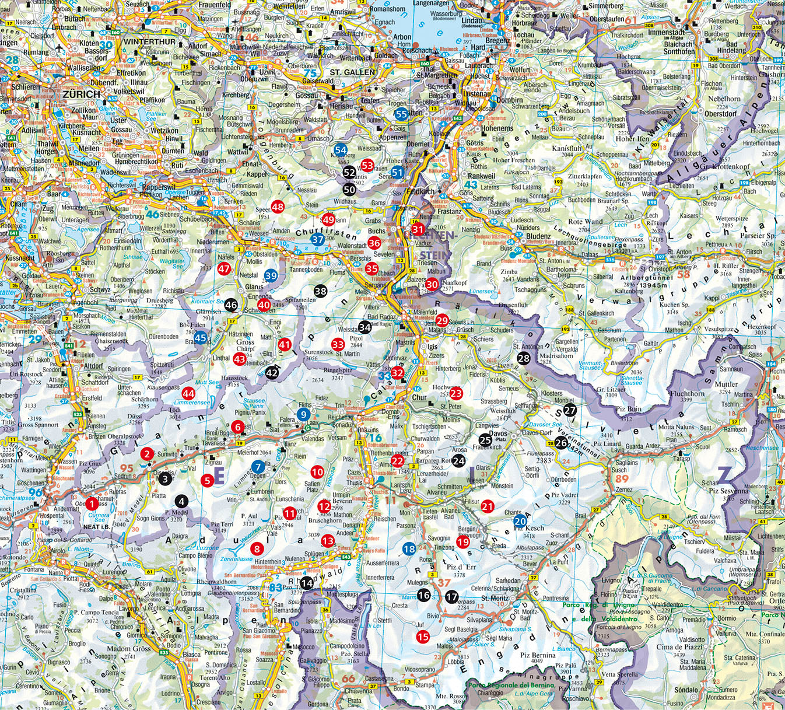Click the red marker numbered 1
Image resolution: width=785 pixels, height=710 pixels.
(x=92, y=503)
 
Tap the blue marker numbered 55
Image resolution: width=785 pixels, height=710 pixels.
(x=401, y=114)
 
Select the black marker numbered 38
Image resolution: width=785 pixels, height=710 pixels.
(x=320, y=291)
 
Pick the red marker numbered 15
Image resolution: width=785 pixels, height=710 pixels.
(x=423, y=637)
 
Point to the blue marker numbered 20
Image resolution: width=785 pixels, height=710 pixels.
(x=520, y=521)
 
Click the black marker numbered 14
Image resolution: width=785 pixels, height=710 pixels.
(x=306, y=582)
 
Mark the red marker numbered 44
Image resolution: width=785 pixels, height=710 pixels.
(x=188, y=394)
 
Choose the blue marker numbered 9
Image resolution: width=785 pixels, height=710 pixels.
(x=303, y=414)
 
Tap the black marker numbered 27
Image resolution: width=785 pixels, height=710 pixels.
(x=570, y=411)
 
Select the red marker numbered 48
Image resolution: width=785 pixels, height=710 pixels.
(x=278, y=207)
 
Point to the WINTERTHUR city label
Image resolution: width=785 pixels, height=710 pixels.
(x=149, y=43)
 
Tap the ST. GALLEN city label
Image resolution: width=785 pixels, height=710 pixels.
(x=352, y=72)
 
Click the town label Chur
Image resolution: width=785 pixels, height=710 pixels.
(x=419, y=398)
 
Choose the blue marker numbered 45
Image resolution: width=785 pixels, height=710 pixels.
(x=201, y=337)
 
